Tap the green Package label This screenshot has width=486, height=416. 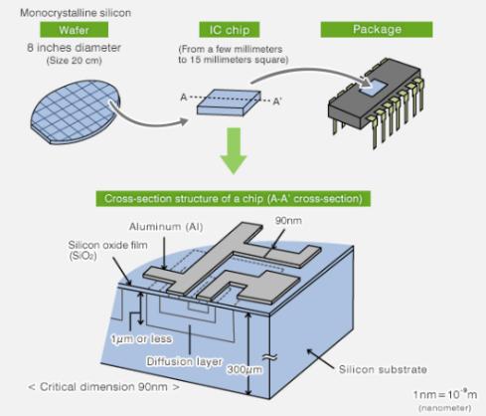(x=377, y=31)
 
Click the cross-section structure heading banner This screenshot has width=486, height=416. (x=234, y=199)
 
